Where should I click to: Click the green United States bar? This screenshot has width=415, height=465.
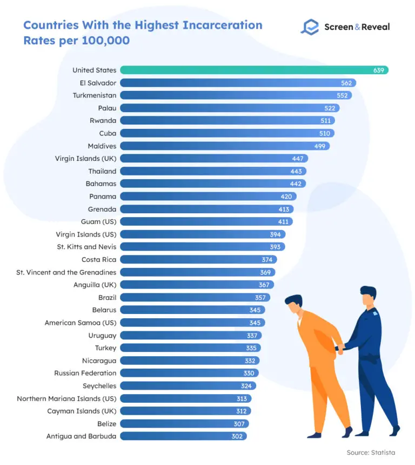point(254,70)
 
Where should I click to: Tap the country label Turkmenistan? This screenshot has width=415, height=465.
point(95,95)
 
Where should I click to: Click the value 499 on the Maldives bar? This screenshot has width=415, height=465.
point(320,146)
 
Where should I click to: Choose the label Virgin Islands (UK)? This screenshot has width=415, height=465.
point(85,159)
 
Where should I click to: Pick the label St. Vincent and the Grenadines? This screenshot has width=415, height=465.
point(66,272)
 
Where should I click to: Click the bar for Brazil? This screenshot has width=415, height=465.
point(195,297)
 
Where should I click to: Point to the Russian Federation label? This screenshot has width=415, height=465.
point(85,373)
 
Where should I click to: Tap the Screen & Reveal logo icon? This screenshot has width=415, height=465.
point(310,27)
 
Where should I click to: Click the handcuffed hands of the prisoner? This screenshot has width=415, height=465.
point(339,350)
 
